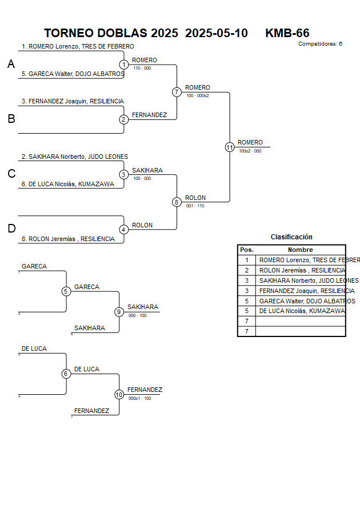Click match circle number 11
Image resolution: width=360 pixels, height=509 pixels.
pos(230,147)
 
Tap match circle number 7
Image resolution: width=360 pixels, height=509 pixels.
pos(177,92)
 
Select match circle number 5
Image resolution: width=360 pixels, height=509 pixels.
pos(66,291)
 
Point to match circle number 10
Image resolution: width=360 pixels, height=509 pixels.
pos(119,394)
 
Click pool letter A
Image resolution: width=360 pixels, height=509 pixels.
pos(11,65)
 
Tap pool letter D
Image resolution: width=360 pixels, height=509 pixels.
pos(11,229)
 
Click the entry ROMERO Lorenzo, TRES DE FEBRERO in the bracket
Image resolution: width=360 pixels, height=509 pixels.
pos(78,47)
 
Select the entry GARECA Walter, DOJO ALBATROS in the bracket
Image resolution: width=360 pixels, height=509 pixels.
pos(73,74)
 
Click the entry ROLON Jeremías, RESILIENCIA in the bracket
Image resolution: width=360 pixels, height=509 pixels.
pos(68,239)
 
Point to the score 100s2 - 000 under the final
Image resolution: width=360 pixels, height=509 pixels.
pos(250,151)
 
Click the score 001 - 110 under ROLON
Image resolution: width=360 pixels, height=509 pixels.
pos(195,206)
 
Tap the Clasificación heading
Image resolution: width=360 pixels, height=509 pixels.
pos(291,237)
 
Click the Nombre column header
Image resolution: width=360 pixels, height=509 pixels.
pos(300,250)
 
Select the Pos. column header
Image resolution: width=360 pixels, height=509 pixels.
pos(246,250)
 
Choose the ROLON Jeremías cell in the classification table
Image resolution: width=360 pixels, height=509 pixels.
pos(301,270)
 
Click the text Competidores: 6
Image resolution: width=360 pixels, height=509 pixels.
pos(320,43)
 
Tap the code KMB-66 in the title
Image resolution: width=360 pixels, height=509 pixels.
pos(287,33)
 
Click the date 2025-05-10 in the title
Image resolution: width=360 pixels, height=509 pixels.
pos(217,33)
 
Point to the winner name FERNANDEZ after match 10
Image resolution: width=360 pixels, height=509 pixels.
pos(145,390)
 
